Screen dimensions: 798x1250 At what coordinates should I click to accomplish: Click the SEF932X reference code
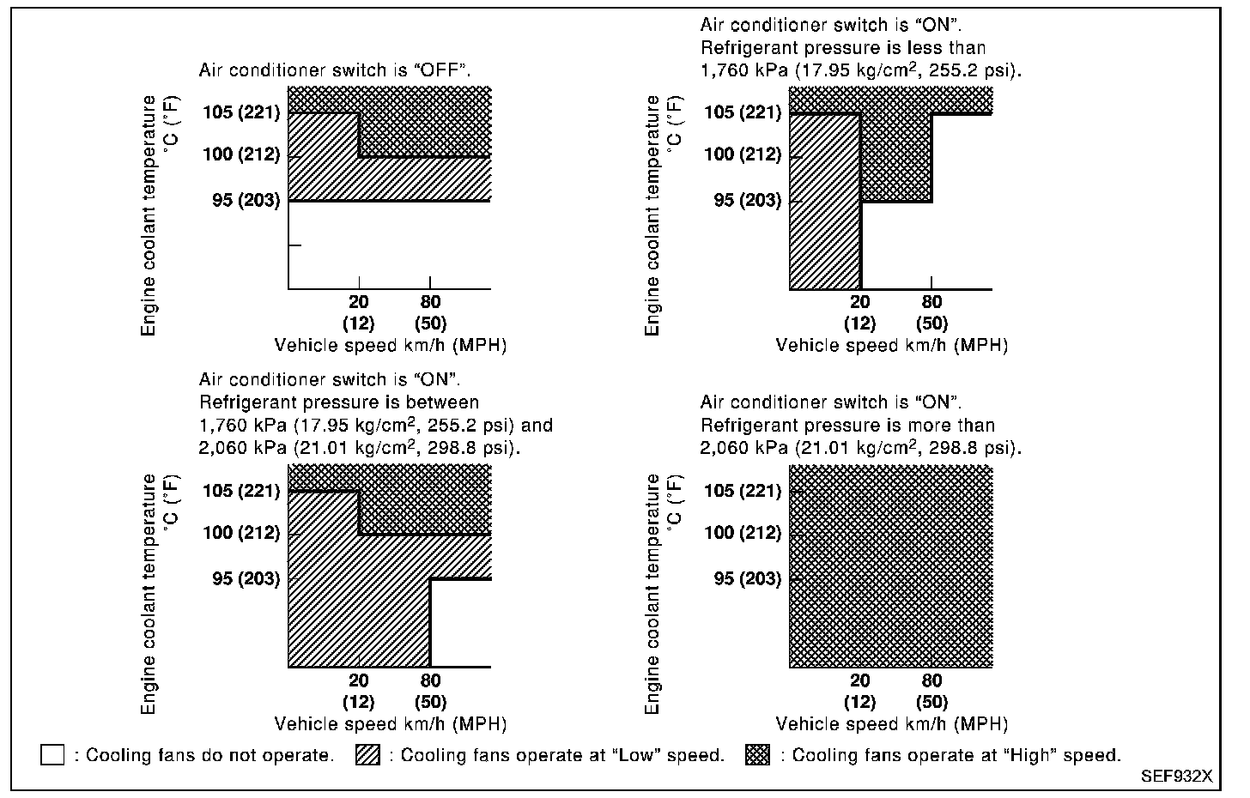[x=1176, y=777]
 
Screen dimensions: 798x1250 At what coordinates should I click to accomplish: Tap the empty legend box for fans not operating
[x=52, y=755]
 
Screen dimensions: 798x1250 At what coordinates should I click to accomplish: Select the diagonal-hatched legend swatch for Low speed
[x=367, y=755]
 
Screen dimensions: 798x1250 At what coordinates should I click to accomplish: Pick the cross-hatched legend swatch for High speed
[x=758, y=755]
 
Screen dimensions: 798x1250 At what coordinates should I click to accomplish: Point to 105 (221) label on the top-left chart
[x=241, y=112]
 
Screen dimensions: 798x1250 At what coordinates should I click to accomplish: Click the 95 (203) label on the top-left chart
[x=246, y=200]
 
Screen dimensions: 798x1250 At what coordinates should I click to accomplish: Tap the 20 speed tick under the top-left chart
[x=358, y=302]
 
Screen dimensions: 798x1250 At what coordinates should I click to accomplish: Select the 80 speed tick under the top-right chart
[x=931, y=302]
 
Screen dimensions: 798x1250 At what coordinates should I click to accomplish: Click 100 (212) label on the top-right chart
[x=743, y=154]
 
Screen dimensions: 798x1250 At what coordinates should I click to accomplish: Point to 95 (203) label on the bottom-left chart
[x=246, y=578]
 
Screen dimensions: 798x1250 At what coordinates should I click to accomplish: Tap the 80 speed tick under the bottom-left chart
[x=430, y=680]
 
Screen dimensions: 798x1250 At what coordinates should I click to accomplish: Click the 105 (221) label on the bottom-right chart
[x=743, y=491]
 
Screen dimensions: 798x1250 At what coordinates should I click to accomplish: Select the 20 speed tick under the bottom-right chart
[x=859, y=680]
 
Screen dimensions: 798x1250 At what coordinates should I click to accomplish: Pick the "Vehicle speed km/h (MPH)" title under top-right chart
[x=891, y=345]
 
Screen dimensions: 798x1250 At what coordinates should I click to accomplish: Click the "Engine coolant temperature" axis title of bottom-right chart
[x=652, y=594]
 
